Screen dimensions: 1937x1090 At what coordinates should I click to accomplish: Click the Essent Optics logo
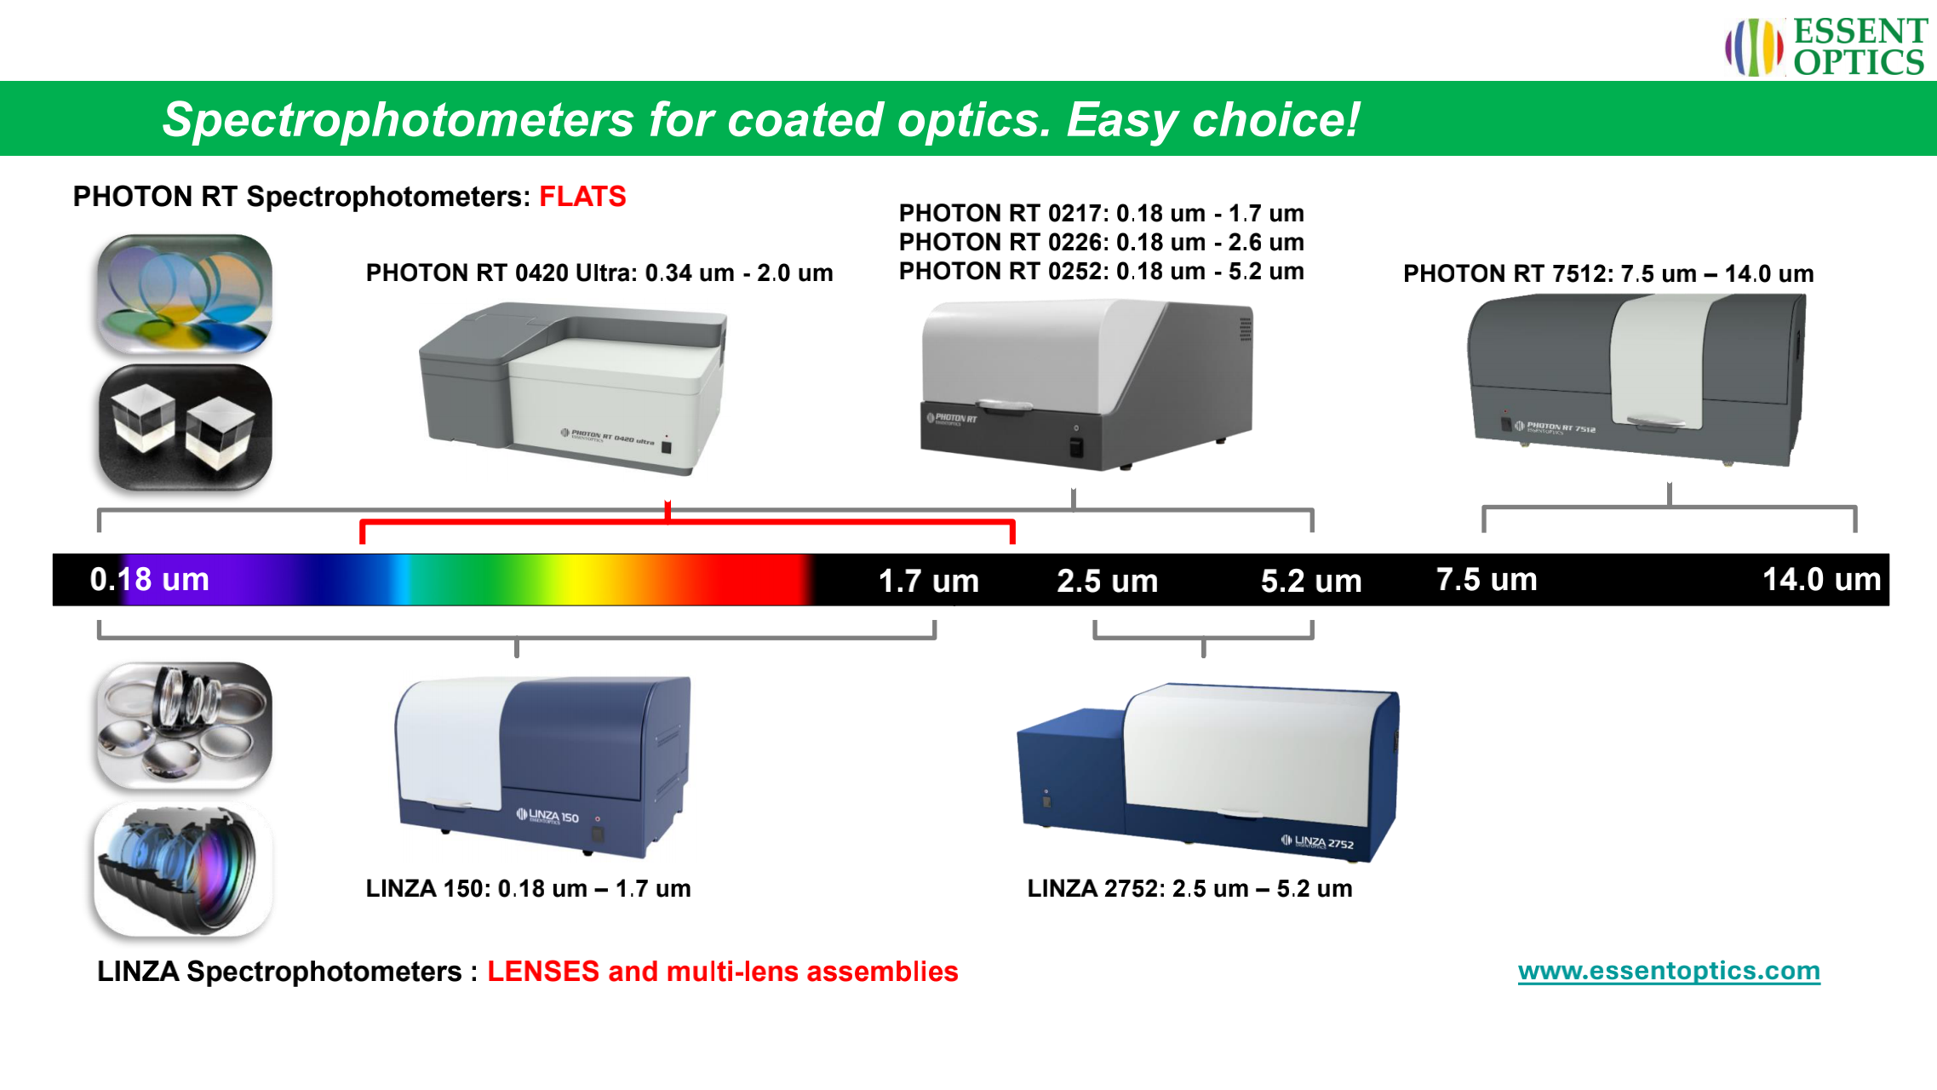tap(1826, 47)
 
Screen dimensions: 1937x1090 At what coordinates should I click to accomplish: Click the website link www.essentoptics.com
tap(1669, 971)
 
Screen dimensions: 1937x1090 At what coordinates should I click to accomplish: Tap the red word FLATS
tap(582, 197)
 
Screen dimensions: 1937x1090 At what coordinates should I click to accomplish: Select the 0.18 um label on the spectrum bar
tap(150, 579)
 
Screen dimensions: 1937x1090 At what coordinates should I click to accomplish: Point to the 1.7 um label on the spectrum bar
tap(928, 581)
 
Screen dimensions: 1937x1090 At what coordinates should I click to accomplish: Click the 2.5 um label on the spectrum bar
tap(1107, 581)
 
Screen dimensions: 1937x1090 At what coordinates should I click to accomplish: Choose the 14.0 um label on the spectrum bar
tap(1821, 579)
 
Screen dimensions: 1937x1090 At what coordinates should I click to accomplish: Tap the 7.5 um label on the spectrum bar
tap(1487, 579)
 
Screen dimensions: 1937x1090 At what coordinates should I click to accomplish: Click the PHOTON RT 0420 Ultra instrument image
tap(573, 388)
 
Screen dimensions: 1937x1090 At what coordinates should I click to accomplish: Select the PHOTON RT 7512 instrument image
tap(1636, 380)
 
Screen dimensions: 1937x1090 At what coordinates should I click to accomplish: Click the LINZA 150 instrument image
tap(543, 766)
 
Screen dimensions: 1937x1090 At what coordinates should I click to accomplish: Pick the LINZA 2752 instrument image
tap(1208, 772)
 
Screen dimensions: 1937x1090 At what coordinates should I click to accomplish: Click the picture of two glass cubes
tap(185, 427)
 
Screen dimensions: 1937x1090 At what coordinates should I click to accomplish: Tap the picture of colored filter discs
tap(185, 294)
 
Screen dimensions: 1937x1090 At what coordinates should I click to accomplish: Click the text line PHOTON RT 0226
tap(1101, 242)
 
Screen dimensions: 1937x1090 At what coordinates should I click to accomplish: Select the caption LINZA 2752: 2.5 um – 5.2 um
tap(1189, 888)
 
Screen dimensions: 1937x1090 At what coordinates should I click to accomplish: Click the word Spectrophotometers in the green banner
tap(398, 119)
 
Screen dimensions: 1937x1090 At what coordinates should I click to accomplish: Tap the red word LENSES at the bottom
tap(543, 972)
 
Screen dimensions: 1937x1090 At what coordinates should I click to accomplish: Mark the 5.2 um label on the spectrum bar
tap(1311, 581)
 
